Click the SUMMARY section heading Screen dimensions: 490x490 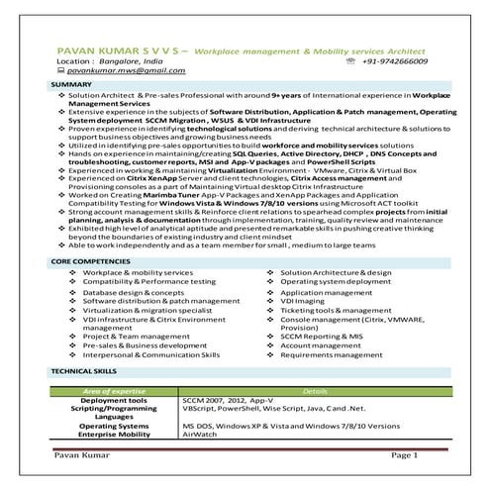(x=71, y=86)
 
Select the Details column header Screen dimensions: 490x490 (x=314, y=391)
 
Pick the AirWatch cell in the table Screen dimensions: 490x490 (x=201, y=433)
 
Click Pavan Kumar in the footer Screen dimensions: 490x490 (x=77, y=454)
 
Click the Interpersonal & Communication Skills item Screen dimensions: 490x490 (x=151, y=353)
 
